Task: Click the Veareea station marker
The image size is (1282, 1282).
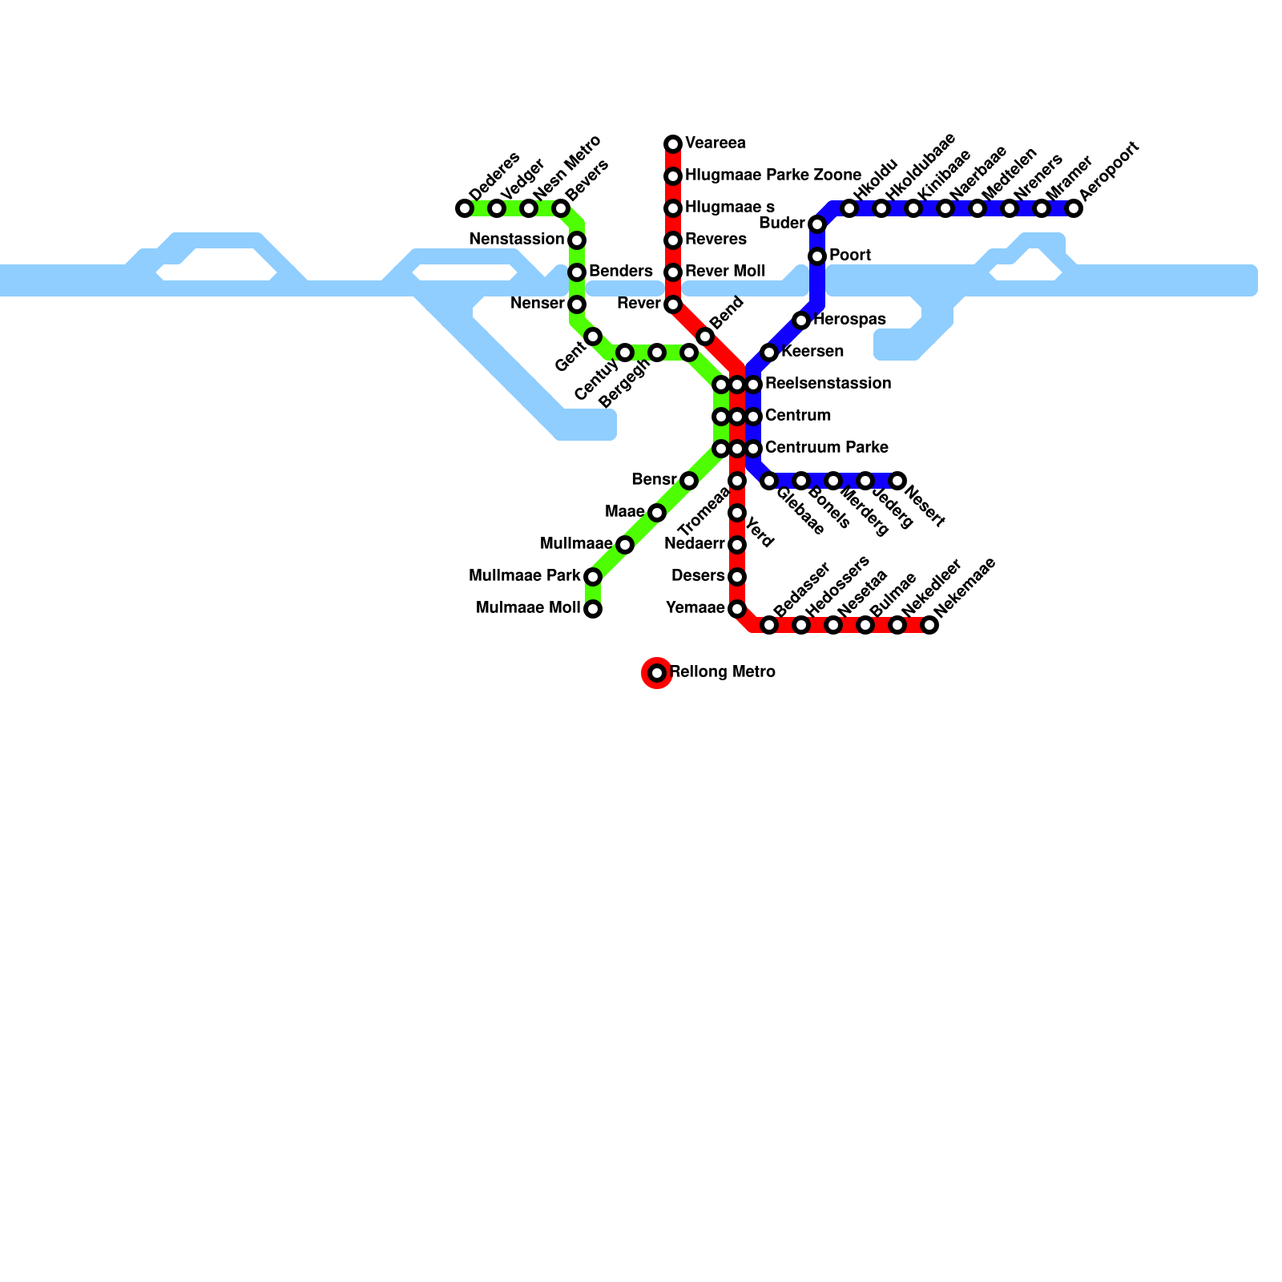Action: pyautogui.click(x=673, y=144)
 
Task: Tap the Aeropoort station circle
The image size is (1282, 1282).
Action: pyautogui.click(x=1074, y=208)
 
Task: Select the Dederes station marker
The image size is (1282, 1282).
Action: pyautogui.click(x=465, y=208)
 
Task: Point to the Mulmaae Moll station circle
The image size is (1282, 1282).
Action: pyautogui.click(x=593, y=609)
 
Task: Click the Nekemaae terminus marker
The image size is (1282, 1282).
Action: pyautogui.click(x=929, y=625)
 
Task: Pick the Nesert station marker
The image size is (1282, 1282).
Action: pyautogui.click(x=897, y=481)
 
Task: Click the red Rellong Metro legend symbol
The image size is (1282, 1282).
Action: pyautogui.click(x=657, y=673)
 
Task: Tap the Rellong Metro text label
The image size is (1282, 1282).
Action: pyautogui.click(x=722, y=671)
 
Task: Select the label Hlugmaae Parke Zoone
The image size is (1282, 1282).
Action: pyautogui.click(x=772, y=175)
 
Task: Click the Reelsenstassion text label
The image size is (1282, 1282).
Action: pyautogui.click(x=828, y=383)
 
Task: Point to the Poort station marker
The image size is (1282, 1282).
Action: pyautogui.click(x=817, y=256)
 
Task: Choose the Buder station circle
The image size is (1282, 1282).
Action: pyautogui.click(x=817, y=224)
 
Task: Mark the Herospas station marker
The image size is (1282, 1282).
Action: pyautogui.click(x=801, y=320)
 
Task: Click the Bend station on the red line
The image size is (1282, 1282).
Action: pyautogui.click(x=705, y=337)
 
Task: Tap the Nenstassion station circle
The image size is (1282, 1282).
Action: pyautogui.click(x=577, y=240)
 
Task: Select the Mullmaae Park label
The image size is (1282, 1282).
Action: pyautogui.click(x=524, y=575)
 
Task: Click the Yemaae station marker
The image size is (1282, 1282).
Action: pyautogui.click(x=737, y=609)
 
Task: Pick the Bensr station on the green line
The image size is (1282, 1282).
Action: pyautogui.click(x=689, y=481)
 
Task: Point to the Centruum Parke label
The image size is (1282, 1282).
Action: pyautogui.click(x=826, y=447)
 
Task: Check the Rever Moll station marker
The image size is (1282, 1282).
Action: pyautogui.click(x=673, y=272)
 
